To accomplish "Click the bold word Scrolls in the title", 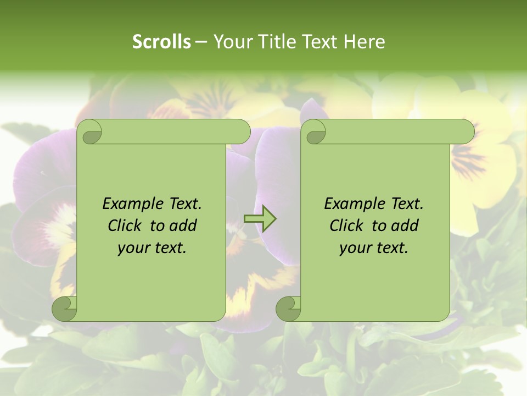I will [x=161, y=42].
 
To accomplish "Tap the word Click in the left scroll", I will [x=127, y=226].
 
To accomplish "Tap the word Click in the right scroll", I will [x=349, y=226].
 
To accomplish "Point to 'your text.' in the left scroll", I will [x=152, y=248].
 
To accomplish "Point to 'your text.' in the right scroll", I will [x=374, y=248].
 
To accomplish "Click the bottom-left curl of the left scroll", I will [x=64, y=308].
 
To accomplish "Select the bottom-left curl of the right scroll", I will [x=287, y=308].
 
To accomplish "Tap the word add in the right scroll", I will [x=405, y=226].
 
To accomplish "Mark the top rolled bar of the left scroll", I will [x=170, y=131].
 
